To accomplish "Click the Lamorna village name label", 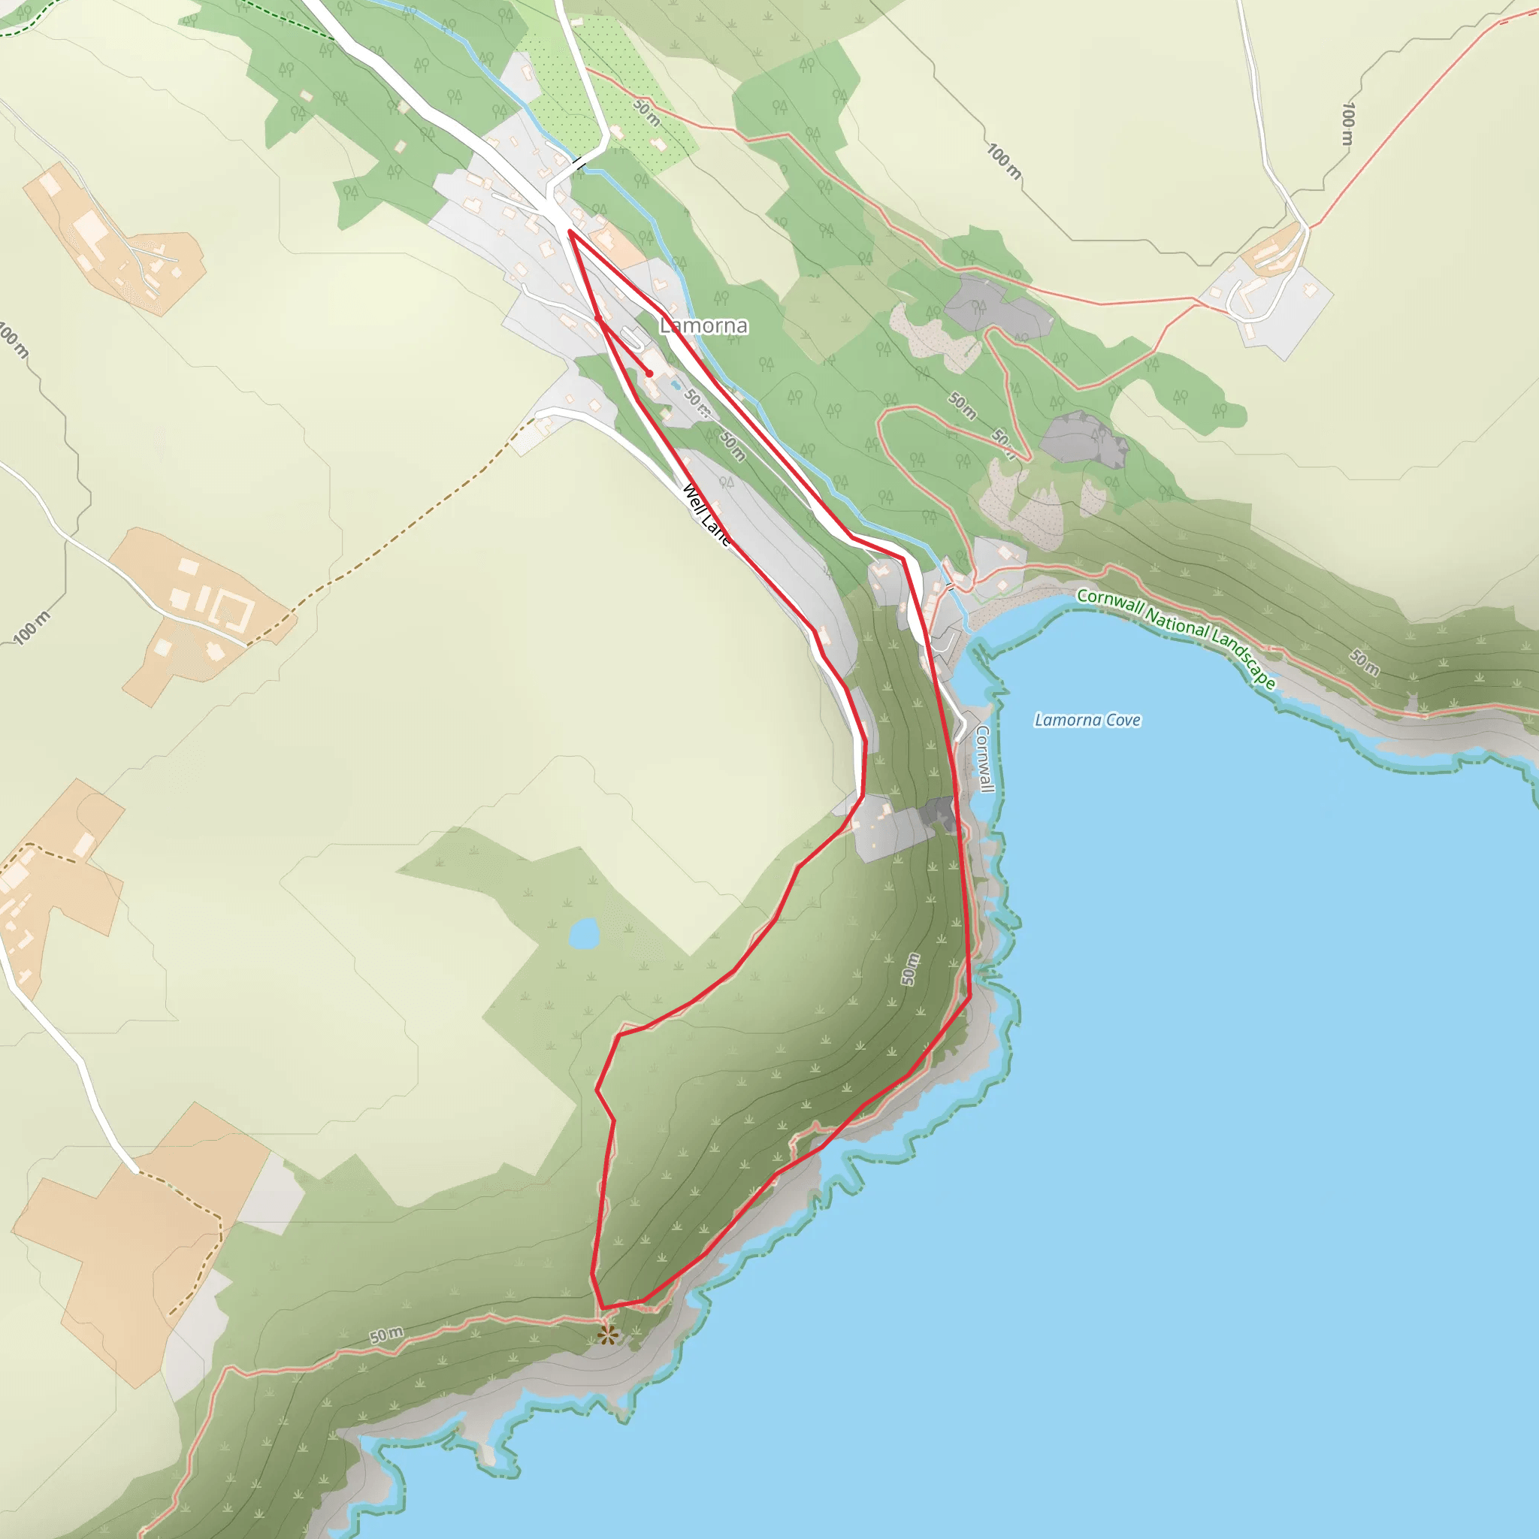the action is tap(704, 326).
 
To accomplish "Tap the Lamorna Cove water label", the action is tap(1087, 720).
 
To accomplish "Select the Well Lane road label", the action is tap(706, 516).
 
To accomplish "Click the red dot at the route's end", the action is tap(650, 373).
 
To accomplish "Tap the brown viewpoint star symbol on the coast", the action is tap(608, 1335).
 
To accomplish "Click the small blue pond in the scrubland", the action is tap(584, 933).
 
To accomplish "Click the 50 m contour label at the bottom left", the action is tap(386, 1335).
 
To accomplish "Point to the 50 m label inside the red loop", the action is tap(910, 969).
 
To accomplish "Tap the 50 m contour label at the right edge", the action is tap(1365, 662).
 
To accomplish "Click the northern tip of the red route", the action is tap(570, 231).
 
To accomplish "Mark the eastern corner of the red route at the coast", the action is tap(969, 995).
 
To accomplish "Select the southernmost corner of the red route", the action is tap(602, 1308).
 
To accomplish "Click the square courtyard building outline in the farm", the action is tap(234, 612).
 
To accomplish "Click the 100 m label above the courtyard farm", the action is tap(32, 627).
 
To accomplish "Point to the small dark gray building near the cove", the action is tap(938, 814).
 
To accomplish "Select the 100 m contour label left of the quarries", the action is tap(1004, 161).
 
